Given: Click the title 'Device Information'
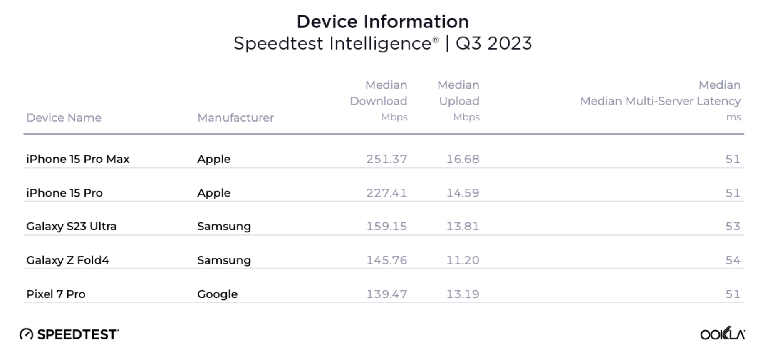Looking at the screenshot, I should pos(382,22).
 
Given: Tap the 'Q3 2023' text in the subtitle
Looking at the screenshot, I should pos(494,43).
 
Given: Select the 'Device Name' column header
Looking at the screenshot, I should pos(64,118).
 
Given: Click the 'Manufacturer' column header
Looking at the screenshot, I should pos(235,118).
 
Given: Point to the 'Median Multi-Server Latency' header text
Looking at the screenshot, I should pos(660,101).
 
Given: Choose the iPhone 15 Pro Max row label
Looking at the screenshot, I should pos(78,159).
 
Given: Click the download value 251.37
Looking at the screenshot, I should pos(386,159).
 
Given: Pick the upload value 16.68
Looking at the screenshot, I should pos(463,159).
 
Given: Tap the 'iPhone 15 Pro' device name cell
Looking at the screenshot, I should pos(64,193).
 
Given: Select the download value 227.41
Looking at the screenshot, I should pos(386,193).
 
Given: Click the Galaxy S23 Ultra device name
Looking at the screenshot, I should pos(71,227).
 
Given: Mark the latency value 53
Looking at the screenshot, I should pos(733,227).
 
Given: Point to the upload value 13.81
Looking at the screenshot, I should pos(463,227).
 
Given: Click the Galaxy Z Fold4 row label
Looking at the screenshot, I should pos(68,260).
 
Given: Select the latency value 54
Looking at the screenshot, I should pos(733,260).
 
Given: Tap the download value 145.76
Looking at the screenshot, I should pos(386,260).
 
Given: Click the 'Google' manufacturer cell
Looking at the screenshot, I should pos(217,294).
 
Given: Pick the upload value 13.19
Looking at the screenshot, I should pos(463,294).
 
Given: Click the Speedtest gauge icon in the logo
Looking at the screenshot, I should pos(27,334).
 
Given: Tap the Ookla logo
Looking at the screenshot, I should pos(722,334).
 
